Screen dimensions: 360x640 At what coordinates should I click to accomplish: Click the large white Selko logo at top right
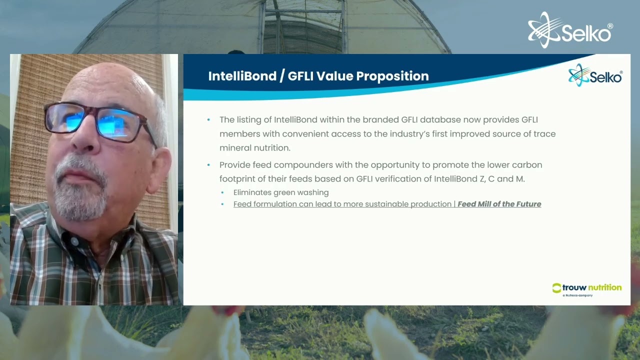coord(570,31)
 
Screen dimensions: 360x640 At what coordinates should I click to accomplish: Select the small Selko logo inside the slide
coord(595,76)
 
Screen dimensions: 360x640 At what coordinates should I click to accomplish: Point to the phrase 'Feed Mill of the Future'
coord(499,204)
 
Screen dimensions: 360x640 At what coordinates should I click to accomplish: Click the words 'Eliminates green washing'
coord(281,192)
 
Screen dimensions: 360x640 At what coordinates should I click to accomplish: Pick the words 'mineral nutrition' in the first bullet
coord(254,148)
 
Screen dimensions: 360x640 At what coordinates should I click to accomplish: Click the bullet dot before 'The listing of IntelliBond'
coord(209,120)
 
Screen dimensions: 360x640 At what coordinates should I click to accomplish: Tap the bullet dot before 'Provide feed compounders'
coord(209,165)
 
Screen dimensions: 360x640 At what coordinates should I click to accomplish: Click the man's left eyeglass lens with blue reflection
coord(120,123)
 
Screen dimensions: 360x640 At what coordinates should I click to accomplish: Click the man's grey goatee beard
coord(80,197)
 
